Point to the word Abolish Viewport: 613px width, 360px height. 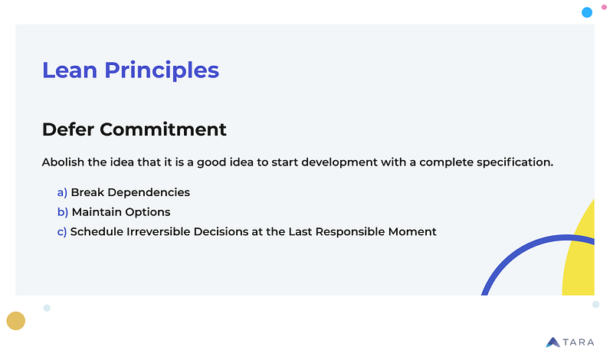[x=66, y=163]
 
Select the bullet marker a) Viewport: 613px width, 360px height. [x=62, y=192]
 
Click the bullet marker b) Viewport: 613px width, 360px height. [x=62, y=211]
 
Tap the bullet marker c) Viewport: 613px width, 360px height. [x=62, y=231]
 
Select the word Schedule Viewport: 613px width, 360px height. [x=96, y=231]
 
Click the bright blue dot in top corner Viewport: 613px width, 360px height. [x=587, y=12]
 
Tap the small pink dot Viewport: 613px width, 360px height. [x=604, y=5]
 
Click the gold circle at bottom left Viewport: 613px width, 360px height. [x=15, y=321]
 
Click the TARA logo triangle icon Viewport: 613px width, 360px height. [x=553, y=342]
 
